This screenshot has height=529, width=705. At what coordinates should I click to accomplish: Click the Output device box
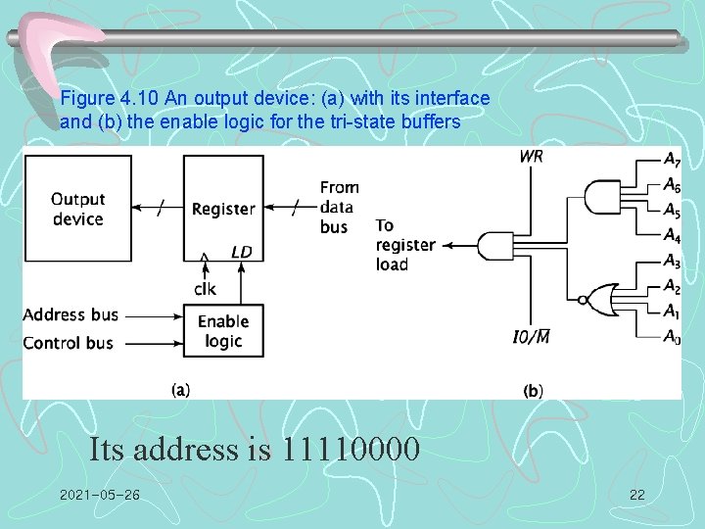click(77, 209)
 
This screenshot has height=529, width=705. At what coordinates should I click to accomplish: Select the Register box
click(223, 209)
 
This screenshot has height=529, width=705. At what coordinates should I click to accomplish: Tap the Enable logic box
click(223, 331)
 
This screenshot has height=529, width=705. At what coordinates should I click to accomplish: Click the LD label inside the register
click(241, 252)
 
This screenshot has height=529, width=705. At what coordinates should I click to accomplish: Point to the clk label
click(205, 289)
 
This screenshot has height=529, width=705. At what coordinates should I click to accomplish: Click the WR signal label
click(533, 156)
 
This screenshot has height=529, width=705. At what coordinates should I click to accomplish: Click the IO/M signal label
click(531, 338)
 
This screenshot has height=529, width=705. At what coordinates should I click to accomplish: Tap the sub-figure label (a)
click(181, 389)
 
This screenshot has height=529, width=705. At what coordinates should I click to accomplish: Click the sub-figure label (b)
click(534, 390)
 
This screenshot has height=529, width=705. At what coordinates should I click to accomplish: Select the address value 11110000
click(351, 450)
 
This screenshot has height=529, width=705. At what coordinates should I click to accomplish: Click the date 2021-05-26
click(99, 495)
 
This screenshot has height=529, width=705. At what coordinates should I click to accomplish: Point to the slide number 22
click(636, 495)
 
